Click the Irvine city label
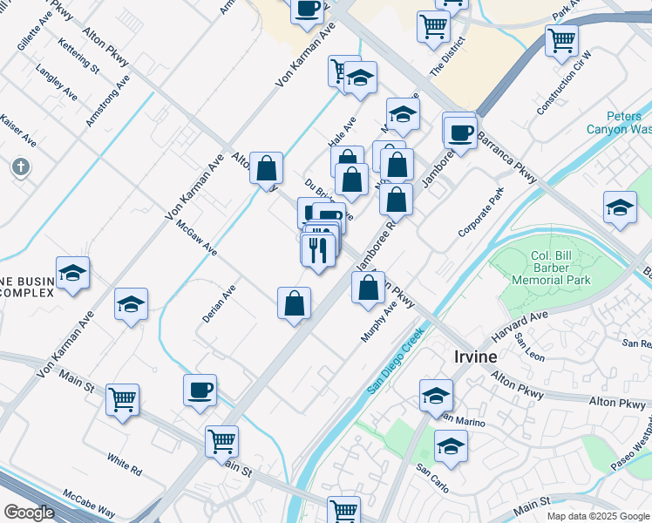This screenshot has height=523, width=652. (475, 357)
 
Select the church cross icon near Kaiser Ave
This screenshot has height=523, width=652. (20, 166)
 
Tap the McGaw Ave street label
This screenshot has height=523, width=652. (196, 236)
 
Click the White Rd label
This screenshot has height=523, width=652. (124, 463)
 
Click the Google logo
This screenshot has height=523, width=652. (29, 512)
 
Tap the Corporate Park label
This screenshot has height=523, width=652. (481, 213)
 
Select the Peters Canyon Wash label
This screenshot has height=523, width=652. (629, 123)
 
